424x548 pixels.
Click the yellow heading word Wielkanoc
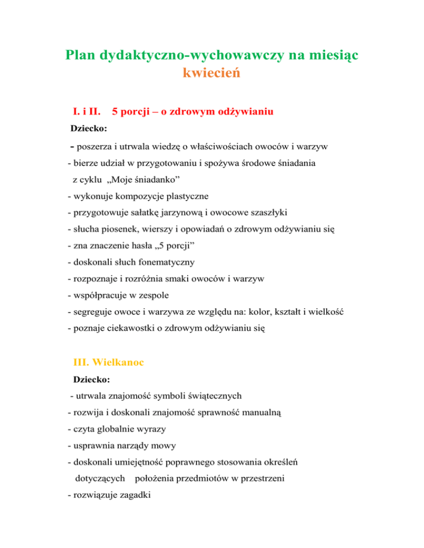click(x=126, y=362)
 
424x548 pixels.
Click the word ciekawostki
click(x=127, y=329)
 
